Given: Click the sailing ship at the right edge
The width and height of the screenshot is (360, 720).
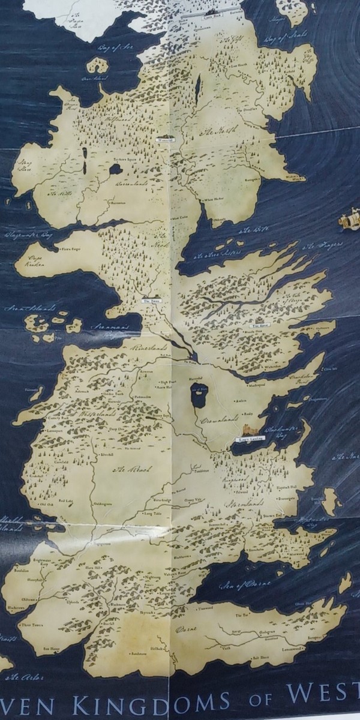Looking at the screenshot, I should tap(349, 220).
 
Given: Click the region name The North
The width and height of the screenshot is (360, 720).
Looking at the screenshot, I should tap(219, 131).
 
